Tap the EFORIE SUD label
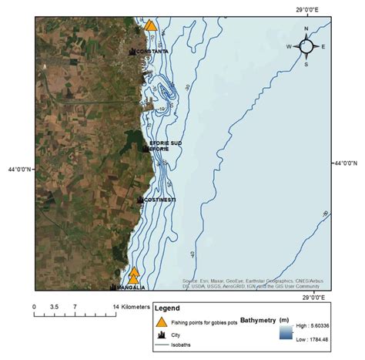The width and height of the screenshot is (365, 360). [166, 142]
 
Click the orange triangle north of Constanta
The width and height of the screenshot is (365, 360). [150, 25]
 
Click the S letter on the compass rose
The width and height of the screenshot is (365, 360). [306, 64]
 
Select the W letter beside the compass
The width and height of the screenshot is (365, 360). [290, 47]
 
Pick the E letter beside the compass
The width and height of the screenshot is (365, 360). [323, 47]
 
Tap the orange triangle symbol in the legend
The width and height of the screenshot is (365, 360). [162, 322]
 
